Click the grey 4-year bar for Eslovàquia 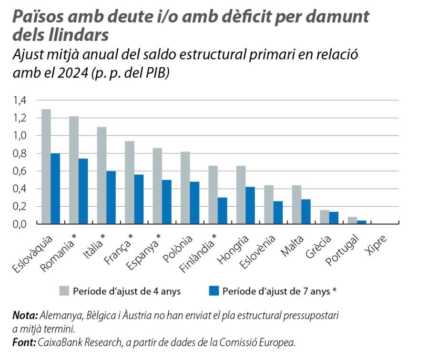(46, 166)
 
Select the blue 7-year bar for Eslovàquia (55, 188)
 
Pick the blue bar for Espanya (167, 202)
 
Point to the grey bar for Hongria (241, 197)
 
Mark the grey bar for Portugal (353, 220)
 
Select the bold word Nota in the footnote (25, 316)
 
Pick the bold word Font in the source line (24, 341)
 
